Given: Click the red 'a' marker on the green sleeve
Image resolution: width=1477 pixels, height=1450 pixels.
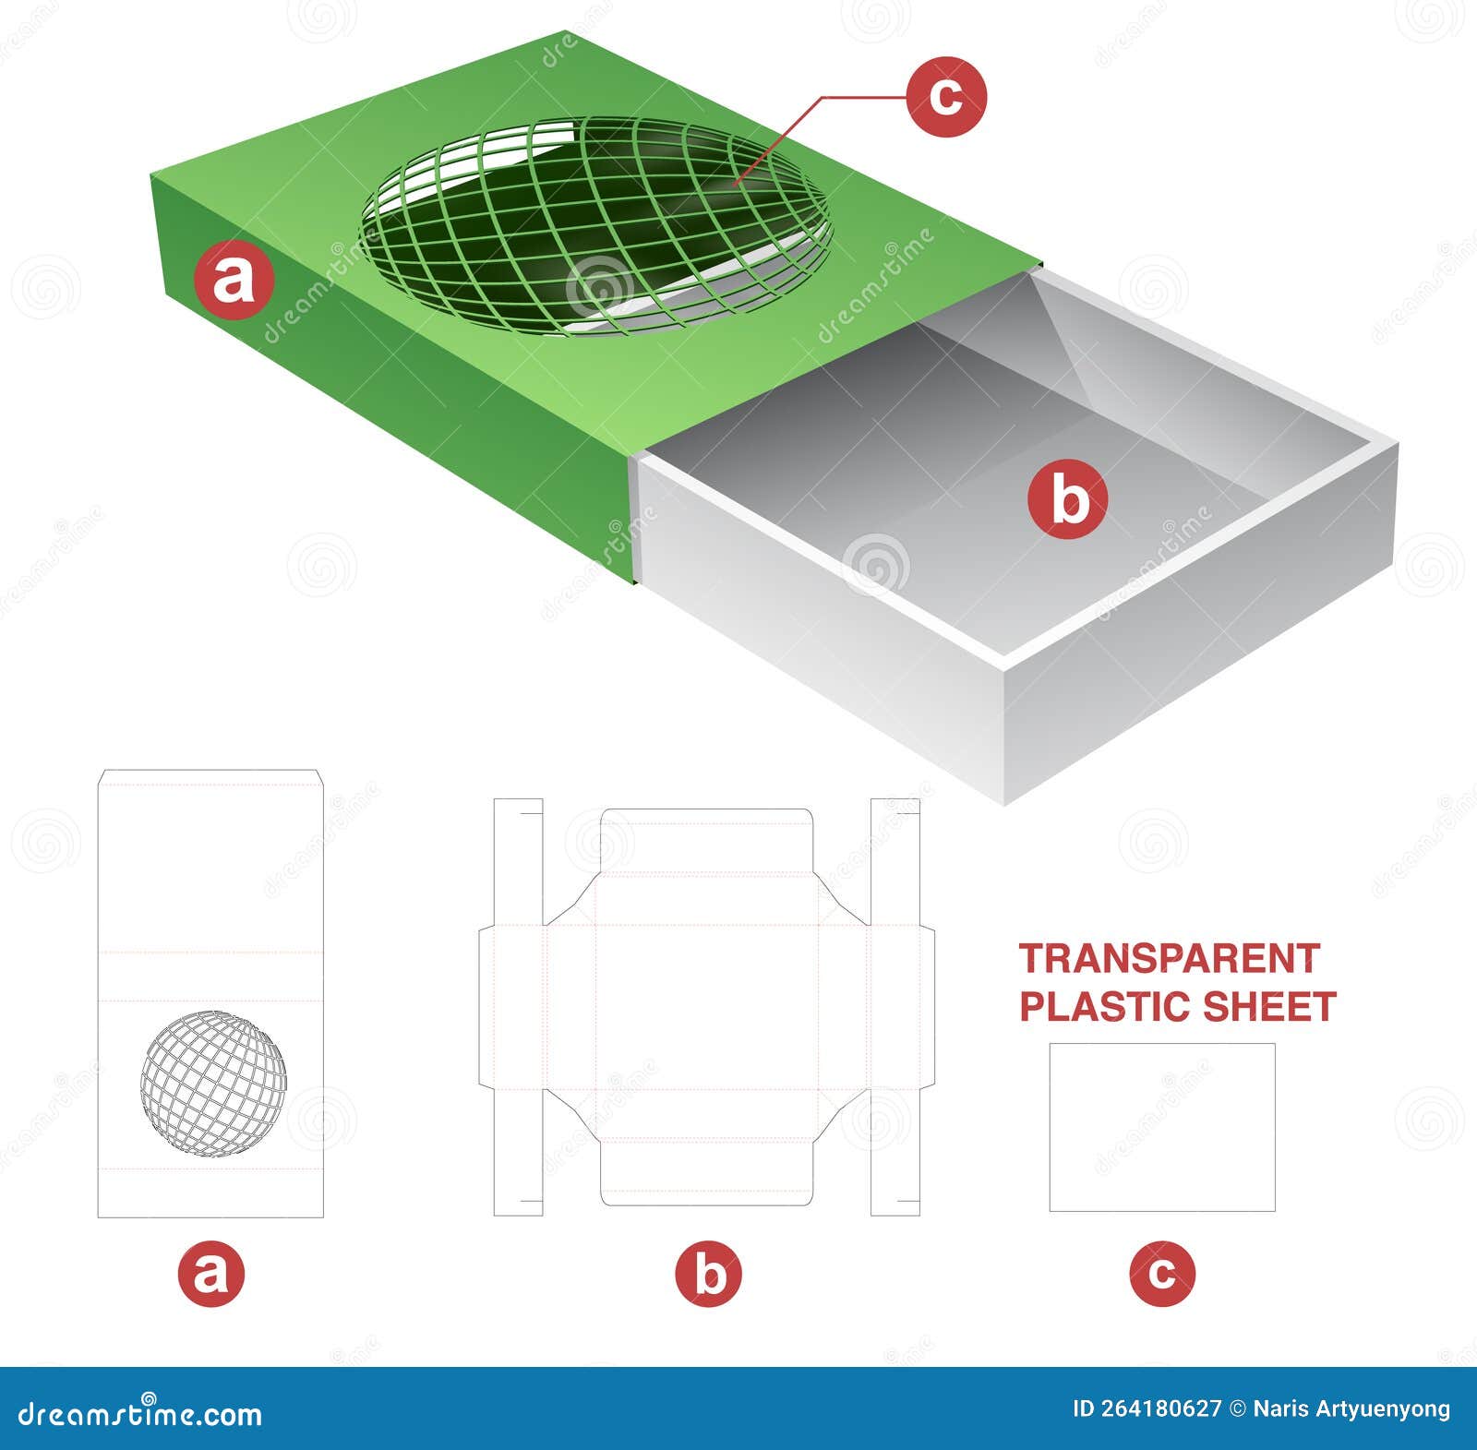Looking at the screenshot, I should [234, 280].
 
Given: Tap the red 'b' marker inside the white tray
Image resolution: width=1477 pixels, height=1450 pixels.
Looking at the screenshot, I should [1068, 498].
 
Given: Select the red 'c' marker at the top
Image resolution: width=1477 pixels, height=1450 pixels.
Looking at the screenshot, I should [945, 96].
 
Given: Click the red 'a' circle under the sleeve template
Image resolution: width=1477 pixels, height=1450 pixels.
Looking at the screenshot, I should [211, 1274].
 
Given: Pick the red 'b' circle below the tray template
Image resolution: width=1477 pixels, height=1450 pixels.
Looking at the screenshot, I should [708, 1274].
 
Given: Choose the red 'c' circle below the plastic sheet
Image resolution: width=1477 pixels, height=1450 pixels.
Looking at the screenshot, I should [1161, 1274].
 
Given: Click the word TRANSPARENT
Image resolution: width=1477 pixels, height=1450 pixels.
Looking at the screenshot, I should [1169, 960].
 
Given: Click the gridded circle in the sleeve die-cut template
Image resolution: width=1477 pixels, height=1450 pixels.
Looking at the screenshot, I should [213, 1084].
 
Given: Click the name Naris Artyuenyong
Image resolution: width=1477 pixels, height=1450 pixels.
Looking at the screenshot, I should [1351, 1409].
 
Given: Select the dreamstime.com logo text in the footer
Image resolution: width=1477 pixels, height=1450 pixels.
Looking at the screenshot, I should [140, 1413].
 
